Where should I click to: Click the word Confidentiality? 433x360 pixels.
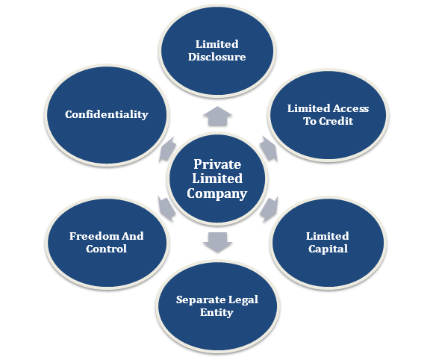[107, 114]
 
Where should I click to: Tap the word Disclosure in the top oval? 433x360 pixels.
[216, 57]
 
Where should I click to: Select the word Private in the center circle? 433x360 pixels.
[217, 164]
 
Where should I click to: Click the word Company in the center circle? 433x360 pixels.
[216, 193]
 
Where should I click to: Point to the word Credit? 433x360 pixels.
[336, 121]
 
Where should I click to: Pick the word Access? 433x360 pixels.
[350, 108]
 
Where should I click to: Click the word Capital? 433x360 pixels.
[328, 249]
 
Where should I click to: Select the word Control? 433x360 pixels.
[106, 249]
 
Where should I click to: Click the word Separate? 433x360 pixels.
[200, 300]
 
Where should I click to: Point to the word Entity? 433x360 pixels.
[216, 313]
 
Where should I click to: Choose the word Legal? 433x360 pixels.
[243, 300]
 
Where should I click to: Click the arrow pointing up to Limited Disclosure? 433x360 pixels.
[217, 116]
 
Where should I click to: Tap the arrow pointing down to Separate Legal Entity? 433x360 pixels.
[217, 242]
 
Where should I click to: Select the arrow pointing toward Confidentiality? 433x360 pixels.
[168, 149]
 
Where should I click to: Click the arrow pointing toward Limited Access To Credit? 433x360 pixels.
[269, 149]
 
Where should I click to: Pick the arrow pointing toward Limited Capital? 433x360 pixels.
[269, 209]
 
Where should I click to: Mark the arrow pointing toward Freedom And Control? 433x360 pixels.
[166, 209]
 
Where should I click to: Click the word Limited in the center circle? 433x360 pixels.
[217, 179]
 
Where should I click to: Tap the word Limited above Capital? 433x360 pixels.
[328, 236]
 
